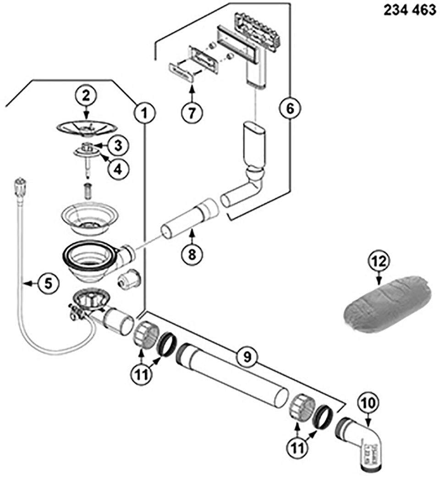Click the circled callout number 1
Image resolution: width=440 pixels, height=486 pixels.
[145, 111]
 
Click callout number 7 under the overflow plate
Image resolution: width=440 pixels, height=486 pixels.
[192, 112]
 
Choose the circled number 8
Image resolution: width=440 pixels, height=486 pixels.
[192, 253]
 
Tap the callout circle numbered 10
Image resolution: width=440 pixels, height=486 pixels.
[371, 403]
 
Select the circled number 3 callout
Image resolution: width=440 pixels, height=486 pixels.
[118, 146]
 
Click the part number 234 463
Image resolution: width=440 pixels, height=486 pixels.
[410, 10]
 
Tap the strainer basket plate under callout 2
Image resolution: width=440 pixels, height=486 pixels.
[87, 127]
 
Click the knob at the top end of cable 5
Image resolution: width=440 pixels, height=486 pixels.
[19, 185]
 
